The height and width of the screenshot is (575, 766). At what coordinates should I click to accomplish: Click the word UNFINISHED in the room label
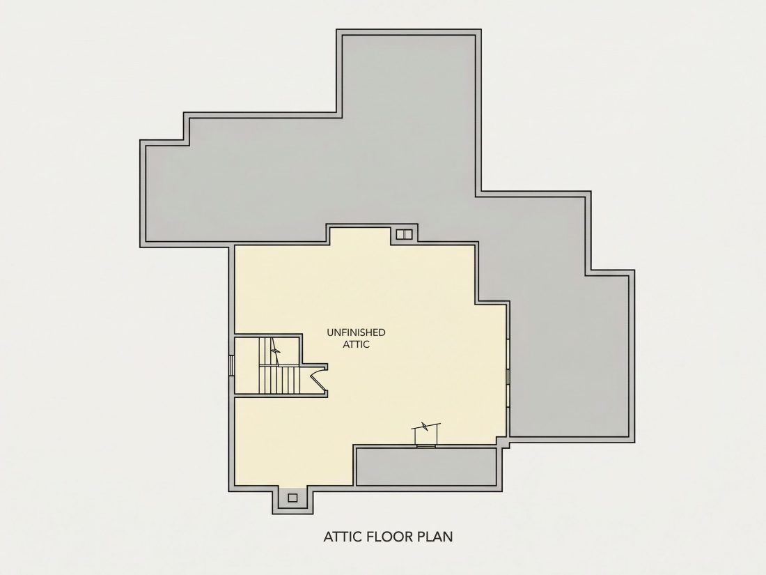[356, 332]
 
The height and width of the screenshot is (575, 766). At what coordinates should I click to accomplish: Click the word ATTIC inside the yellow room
[356, 344]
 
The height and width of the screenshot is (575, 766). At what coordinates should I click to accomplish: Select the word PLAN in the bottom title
[435, 537]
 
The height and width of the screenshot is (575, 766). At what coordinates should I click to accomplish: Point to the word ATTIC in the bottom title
[343, 537]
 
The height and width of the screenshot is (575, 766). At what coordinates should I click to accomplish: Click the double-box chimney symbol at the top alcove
[404, 234]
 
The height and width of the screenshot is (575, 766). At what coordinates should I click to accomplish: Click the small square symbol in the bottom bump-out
[292, 498]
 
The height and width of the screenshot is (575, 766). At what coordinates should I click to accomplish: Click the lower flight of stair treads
[279, 379]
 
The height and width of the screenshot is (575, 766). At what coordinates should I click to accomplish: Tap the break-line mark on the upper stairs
[276, 351]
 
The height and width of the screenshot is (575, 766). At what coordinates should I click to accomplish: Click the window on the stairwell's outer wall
[232, 365]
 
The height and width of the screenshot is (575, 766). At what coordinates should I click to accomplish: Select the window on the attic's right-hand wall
[508, 376]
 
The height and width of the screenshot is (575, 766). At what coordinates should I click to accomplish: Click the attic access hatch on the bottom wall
[426, 435]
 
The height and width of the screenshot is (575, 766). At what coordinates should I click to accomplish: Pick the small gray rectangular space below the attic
[427, 467]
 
